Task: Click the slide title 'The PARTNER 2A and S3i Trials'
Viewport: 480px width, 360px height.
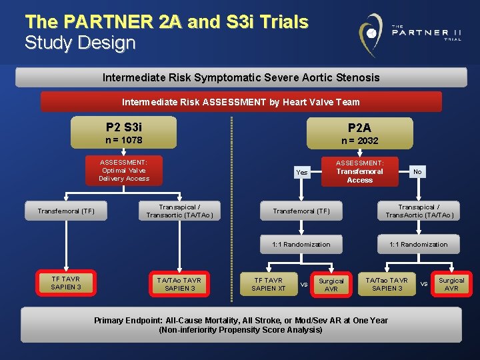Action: point(166,22)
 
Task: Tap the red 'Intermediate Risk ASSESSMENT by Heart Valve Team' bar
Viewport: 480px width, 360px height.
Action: point(241,102)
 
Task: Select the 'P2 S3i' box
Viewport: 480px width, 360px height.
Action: point(124,133)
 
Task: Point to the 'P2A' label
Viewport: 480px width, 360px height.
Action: point(359,127)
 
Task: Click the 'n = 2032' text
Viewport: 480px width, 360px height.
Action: point(359,141)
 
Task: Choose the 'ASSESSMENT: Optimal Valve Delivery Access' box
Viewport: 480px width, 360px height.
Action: point(124,170)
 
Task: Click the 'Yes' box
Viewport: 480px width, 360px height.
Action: point(302,172)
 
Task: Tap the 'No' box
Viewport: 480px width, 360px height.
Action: point(417,172)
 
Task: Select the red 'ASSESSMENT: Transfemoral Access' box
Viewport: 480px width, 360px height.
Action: point(359,171)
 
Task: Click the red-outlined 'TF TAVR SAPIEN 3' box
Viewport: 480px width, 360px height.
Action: point(66,283)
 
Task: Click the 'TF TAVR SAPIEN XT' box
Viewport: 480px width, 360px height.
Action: point(269,284)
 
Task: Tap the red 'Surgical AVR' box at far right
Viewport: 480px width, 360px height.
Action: point(451,285)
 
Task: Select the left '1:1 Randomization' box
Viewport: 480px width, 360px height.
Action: point(301,244)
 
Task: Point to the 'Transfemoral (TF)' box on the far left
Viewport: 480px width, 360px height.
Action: point(66,211)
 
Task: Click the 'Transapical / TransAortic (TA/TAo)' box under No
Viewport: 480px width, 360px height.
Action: point(419,211)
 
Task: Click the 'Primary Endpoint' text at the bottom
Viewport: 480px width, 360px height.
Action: point(241,325)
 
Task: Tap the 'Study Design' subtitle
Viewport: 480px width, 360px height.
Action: point(80,43)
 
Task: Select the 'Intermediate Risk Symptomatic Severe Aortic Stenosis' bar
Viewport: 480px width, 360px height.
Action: point(241,77)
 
